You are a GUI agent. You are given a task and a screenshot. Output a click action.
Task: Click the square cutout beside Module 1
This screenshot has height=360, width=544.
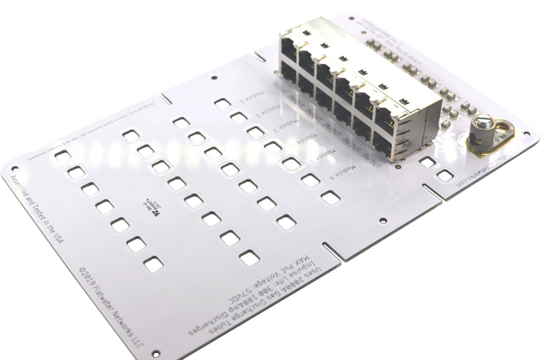(x=222, y=103)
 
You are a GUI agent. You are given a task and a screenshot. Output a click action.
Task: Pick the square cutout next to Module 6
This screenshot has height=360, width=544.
(x=330, y=197)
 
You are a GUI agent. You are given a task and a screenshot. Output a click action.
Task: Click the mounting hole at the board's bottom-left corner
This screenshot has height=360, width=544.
(x=155, y=353)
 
